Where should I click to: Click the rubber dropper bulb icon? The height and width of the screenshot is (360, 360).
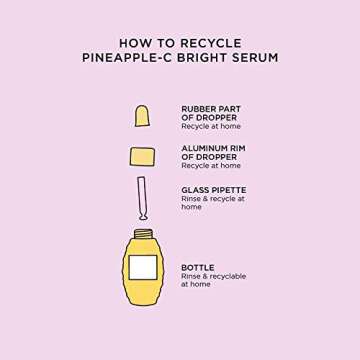coord(142,115)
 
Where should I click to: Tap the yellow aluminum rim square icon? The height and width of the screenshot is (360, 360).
coord(142,156)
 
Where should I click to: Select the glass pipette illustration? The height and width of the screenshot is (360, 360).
coord(142,199)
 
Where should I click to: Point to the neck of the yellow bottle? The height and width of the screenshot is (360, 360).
coord(142,236)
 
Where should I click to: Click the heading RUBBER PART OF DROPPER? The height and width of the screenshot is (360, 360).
coord(210,113)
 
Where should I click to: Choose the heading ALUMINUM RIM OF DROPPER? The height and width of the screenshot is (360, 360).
coord(212,152)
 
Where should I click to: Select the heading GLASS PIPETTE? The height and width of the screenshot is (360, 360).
coord(213,189)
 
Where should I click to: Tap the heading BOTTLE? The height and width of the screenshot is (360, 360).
coord(197,267)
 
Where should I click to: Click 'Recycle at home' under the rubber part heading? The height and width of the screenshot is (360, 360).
coord(210,127)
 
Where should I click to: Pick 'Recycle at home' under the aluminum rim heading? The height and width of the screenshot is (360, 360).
coord(210,166)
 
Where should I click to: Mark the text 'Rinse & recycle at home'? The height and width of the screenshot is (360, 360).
coord(212,202)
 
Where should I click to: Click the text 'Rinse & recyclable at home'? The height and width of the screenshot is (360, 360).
coord(212,280)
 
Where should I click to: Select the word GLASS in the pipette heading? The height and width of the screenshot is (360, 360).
coord(195,189)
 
